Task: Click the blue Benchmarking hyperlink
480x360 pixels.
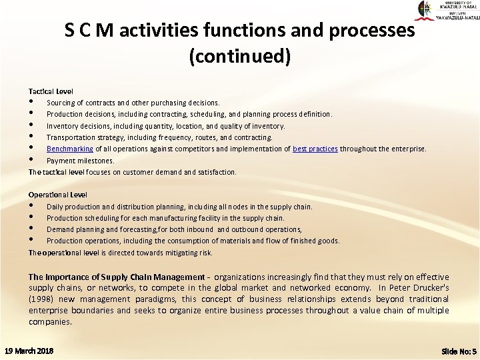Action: coord(70,149)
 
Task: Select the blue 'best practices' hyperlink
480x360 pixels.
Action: coord(315,149)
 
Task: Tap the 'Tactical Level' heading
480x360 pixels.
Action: coord(51,91)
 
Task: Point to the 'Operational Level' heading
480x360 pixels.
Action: coord(57,195)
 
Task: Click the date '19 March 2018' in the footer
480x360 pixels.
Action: coord(29,350)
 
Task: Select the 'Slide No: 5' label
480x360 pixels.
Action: coord(459,351)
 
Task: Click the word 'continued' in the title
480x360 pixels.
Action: coord(240,57)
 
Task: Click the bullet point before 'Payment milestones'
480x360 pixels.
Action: coord(31,160)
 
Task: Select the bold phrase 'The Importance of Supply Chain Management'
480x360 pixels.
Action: coord(117,277)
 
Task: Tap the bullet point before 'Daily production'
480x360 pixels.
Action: coord(31,206)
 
